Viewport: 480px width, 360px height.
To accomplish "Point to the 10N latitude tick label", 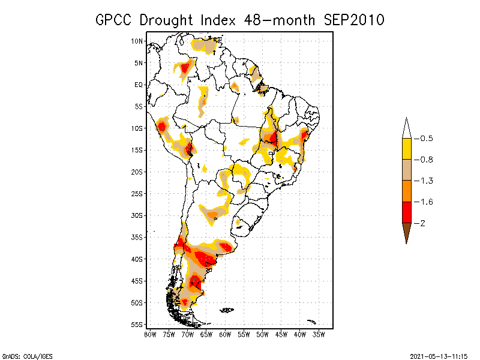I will (x=137, y=41).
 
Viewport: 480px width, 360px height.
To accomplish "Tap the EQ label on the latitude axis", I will (x=139, y=85).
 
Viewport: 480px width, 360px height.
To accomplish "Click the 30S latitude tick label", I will (x=137, y=215).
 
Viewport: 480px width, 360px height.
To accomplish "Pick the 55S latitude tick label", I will (x=137, y=325).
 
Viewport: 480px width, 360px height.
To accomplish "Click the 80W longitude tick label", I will (x=150, y=334).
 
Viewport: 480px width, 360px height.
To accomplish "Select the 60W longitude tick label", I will (x=226, y=334).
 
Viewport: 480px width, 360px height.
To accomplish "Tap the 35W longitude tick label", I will (x=319, y=334).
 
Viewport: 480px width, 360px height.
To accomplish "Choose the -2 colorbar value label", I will (x=422, y=223).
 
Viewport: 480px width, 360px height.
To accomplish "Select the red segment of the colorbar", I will (x=406, y=212).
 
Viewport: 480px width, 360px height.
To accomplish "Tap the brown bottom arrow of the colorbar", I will (x=406, y=232).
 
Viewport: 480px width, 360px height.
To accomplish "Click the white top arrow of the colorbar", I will (x=406, y=128).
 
